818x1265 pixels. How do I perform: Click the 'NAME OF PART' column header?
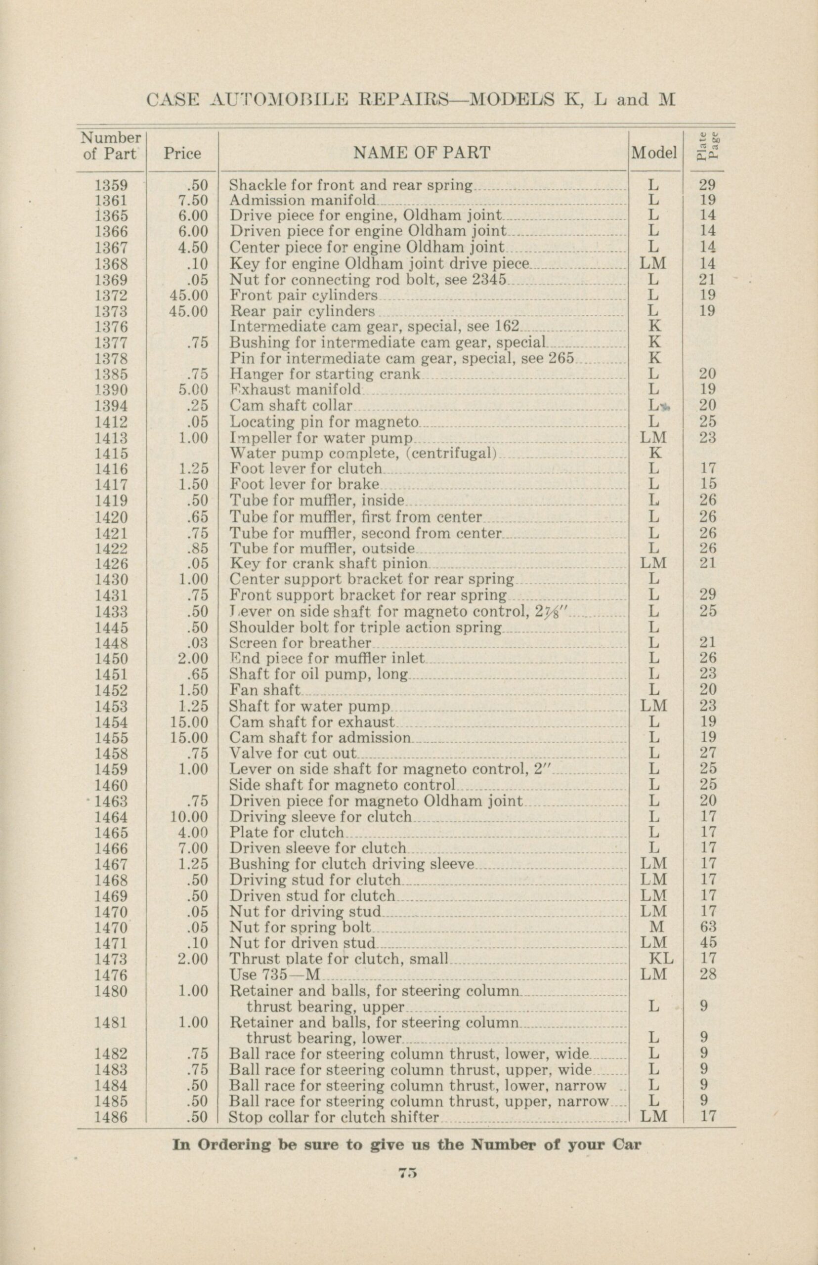tap(422, 154)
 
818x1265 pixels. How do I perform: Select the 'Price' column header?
tap(182, 154)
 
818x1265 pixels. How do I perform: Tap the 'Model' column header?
tap(654, 154)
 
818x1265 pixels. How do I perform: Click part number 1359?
tap(111, 185)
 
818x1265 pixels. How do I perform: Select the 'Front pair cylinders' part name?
tap(303, 295)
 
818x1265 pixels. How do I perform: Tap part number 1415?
tap(111, 454)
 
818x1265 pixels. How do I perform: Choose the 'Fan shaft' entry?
tap(264, 690)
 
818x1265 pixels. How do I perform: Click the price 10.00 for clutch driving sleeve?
tap(189, 817)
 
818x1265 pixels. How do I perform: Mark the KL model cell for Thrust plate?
tap(660, 959)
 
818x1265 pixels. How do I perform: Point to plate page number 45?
tap(707, 943)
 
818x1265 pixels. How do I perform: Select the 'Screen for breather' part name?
tap(300, 643)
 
